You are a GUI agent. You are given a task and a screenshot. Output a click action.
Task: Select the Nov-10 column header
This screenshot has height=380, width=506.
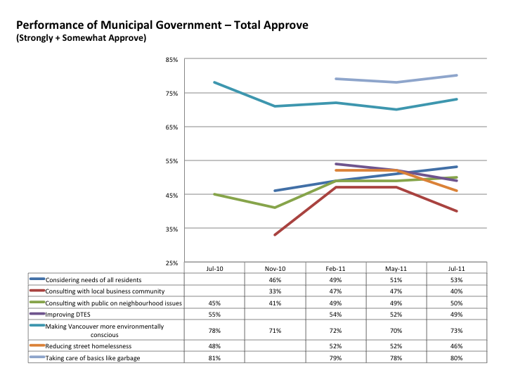pos(275,268)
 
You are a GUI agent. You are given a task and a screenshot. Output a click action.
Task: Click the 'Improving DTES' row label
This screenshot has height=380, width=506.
pos(74,314)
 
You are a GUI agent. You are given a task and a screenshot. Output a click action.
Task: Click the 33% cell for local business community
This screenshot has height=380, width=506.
pos(275,291)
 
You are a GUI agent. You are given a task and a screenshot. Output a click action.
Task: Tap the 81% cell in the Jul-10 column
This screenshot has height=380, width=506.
pos(214,358)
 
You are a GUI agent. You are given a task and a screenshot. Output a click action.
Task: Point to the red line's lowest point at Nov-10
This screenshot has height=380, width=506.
pos(275,235)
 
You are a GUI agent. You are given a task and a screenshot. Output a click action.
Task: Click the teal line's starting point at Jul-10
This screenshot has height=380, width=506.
pos(214,82)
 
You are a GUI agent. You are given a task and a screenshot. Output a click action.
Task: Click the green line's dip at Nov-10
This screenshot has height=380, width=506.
pos(275,208)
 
